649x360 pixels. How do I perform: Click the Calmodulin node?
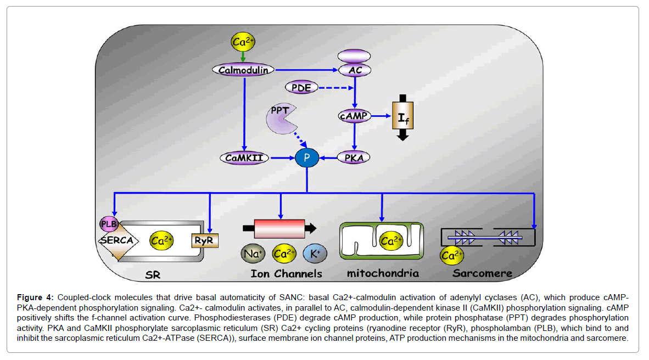pos(243,70)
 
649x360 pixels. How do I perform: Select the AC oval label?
pos(354,70)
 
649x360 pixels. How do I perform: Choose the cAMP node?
pos(354,116)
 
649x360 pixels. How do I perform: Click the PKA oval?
pos(354,158)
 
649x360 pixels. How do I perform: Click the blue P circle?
pos(307,158)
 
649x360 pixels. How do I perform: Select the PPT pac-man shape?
pos(281,118)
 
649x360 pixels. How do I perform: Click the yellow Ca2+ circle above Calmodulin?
pos(243,42)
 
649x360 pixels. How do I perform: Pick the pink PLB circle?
pos(108,224)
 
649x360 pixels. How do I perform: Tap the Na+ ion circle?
pos(253,254)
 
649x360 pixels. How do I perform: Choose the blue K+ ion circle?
pos(315,254)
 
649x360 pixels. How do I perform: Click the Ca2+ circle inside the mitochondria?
pos(391,240)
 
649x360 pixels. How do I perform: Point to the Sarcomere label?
pos(483,273)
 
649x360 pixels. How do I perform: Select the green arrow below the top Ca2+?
pos(243,57)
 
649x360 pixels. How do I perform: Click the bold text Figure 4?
pos(35,297)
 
